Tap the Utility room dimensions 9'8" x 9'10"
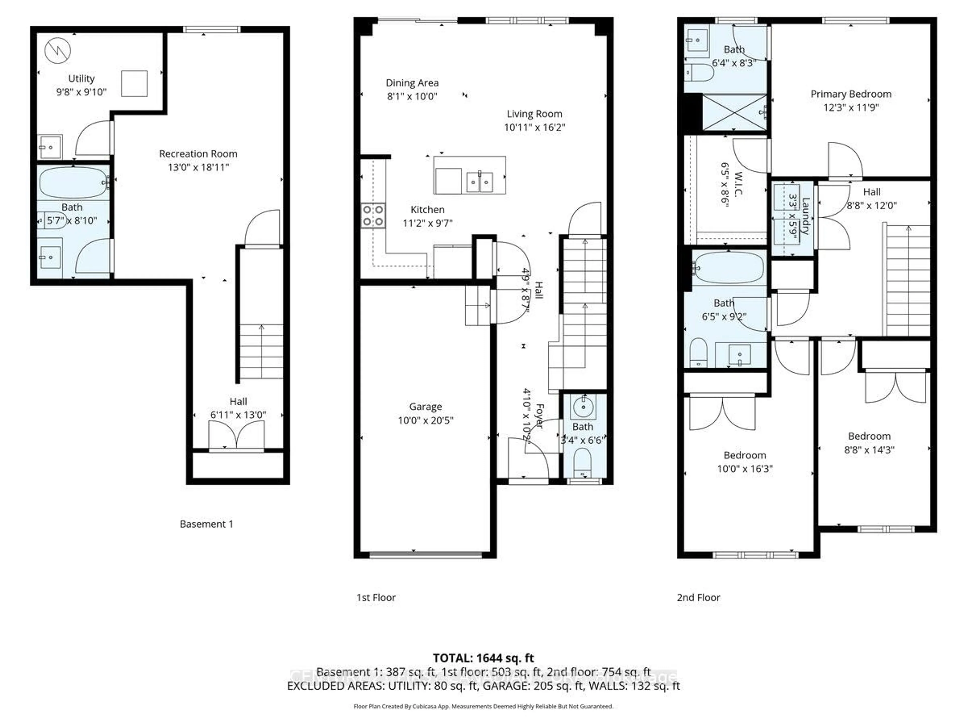(x=81, y=92)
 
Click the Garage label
(x=425, y=407)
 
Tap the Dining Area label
(x=412, y=83)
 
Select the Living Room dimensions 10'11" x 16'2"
(x=534, y=127)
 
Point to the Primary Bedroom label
(x=851, y=94)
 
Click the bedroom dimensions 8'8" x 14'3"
(x=869, y=449)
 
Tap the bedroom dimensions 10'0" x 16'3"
(x=744, y=469)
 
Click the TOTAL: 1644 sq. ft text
(x=483, y=658)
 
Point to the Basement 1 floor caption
(x=206, y=524)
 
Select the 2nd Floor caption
(x=698, y=597)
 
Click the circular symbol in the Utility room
(x=58, y=50)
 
